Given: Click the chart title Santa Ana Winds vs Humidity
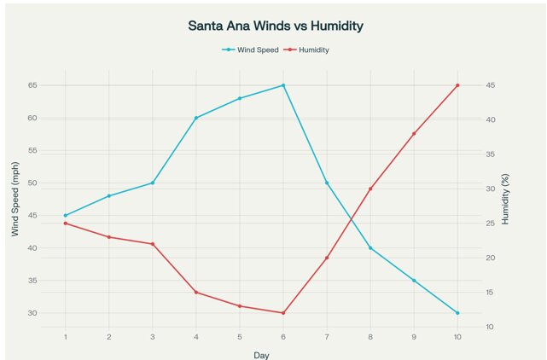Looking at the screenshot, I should pos(276,26).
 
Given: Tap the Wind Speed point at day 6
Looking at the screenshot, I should pos(283,85).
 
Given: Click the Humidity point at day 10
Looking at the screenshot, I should pos(457,85).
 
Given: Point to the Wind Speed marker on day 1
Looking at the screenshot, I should pos(66,215).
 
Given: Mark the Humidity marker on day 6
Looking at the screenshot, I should pos(283,313).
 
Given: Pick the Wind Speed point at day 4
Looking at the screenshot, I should pos(196,118).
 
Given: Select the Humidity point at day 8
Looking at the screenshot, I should pos(370,189).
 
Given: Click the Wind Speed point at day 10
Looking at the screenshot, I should pos(457,313).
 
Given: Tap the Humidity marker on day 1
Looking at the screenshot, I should pos(66,224).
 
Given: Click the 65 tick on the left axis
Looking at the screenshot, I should pos(32,85).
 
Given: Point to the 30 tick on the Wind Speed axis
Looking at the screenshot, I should pos(32,313).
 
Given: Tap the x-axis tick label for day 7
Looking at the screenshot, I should pos(327,337).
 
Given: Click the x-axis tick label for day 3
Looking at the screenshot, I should pos(153,337).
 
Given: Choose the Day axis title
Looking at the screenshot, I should pos(261,354).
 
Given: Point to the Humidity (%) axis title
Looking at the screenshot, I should pos(505,200).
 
